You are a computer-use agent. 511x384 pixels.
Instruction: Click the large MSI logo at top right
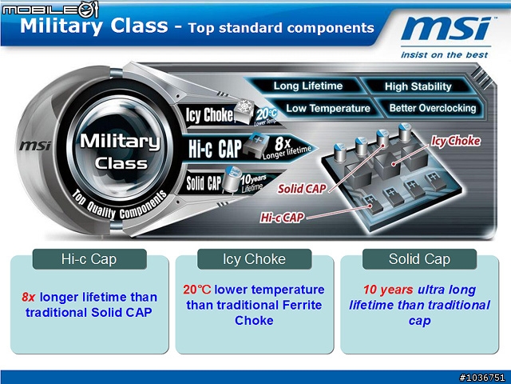[x=446, y=29]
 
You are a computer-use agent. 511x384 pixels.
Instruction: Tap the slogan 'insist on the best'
[x=445, y=54]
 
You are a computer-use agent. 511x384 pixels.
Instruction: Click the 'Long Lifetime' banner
[x=308, y=86]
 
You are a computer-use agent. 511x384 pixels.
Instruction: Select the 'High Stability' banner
[x=418, y=86]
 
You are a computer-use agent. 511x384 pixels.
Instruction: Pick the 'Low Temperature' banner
[x=328, y=108]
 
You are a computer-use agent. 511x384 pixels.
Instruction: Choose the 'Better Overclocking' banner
[x=433, y=108]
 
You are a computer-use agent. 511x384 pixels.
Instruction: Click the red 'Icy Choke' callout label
[x=456, y=141]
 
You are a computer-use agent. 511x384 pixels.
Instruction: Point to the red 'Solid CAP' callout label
[x=302, y=189]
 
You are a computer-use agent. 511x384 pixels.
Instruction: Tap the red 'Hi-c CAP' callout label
[x=282, y=218]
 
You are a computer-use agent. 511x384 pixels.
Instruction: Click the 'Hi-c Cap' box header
[x=89, y=259]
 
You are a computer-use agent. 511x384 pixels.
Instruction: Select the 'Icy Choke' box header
[x=254, y=259]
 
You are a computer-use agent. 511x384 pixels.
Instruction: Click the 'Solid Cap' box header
[x=419, y=259]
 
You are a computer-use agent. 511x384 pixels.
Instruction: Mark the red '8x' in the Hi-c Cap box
[x=29, y=297]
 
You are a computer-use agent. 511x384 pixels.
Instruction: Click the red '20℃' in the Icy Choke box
[x=197, y=290]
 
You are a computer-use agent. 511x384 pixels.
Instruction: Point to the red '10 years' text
[x=388, y=290]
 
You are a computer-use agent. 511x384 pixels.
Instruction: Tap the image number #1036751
[x=482, y=378]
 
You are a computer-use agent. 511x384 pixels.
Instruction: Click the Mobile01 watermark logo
[x=50, y=9]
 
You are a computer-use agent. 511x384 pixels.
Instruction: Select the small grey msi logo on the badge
[x=35, y=146]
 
